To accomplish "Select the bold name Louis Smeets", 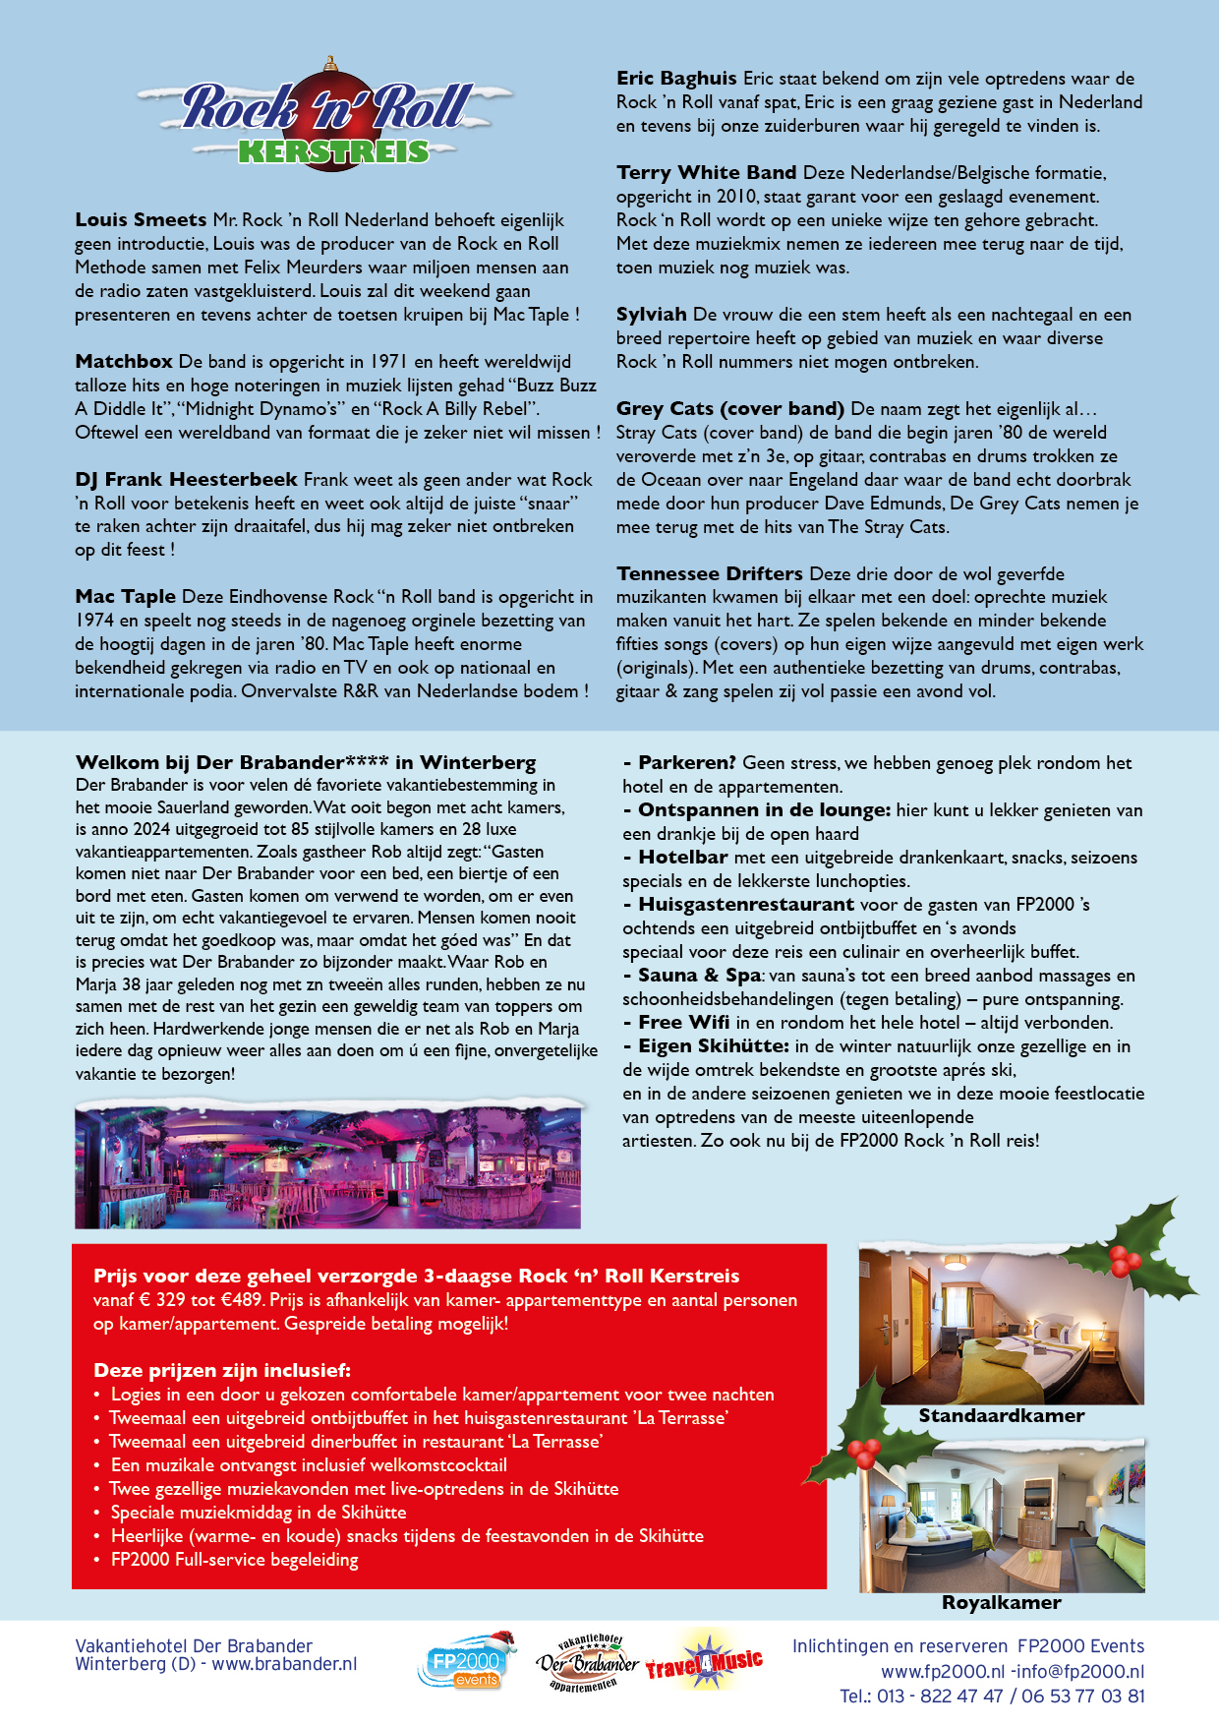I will pyautogui.click(x=141, y=220).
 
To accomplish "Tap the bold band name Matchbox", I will pyautogui.click(x=124, y=362).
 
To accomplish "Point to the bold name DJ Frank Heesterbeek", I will pyautogui.click(x=186, y=480).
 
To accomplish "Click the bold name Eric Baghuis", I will pyautogui.click(x=676, y=79).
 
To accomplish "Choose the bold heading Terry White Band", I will pyautogui.click(x=706, y=173).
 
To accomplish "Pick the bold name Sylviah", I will pyautogui.click(x=651, y=315).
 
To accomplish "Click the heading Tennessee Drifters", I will pyautogui.click(x=709, y=574).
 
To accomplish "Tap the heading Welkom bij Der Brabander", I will pyautogui.click(x=306, y=763).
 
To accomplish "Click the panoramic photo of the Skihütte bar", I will pyautogui.click(x=327, y=1166).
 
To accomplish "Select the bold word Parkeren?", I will pyautogui.click(x=686, y=763).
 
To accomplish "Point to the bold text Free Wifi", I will pyautogui.click(x=684, y=1023).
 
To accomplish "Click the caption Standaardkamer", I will pyautogui.click(x=1001, y=1416).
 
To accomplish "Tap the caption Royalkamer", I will pyautogui.click(x=1001, y=1603).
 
